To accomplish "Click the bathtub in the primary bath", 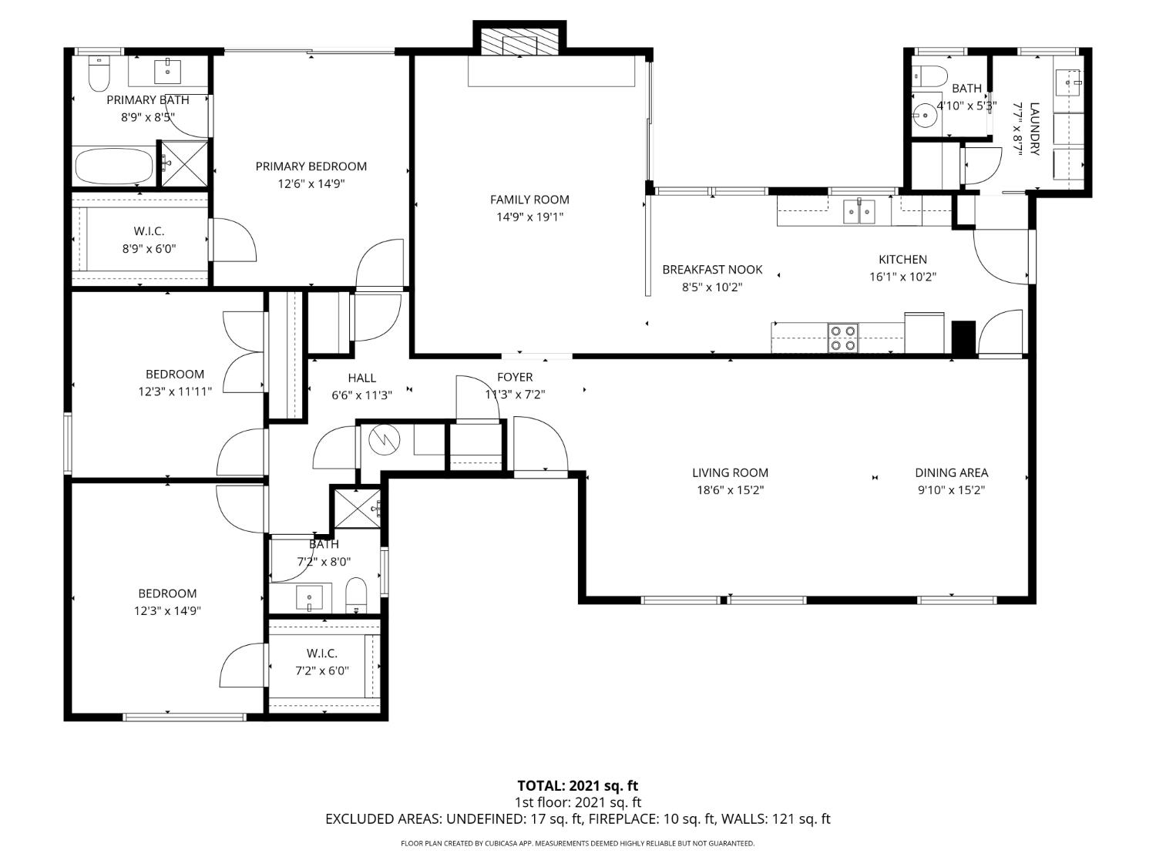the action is [x=114, y=166].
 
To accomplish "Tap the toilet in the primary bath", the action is [x=99, y=74].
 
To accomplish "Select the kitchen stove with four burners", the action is [x=842, y=338].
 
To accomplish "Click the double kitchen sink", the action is [x=859, y=212].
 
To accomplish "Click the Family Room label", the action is [x=529, y=200].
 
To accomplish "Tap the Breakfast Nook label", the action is [x=712, y=270].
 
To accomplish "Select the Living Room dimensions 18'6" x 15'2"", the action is [x=730, y=490].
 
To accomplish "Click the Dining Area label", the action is [x=951, y=472].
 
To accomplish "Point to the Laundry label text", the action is [x=1033, y=129].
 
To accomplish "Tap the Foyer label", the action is [x=515, y=377].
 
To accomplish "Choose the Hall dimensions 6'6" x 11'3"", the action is [x=361, y=395].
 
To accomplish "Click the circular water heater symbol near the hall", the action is [x=384, y=439].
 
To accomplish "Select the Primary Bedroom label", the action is [x=311, y=166].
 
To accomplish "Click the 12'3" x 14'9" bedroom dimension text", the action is [x=167, y=610].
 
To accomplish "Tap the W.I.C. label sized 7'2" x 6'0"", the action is [x=322, y=654].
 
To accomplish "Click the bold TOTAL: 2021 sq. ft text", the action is [x=577, y=786].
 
